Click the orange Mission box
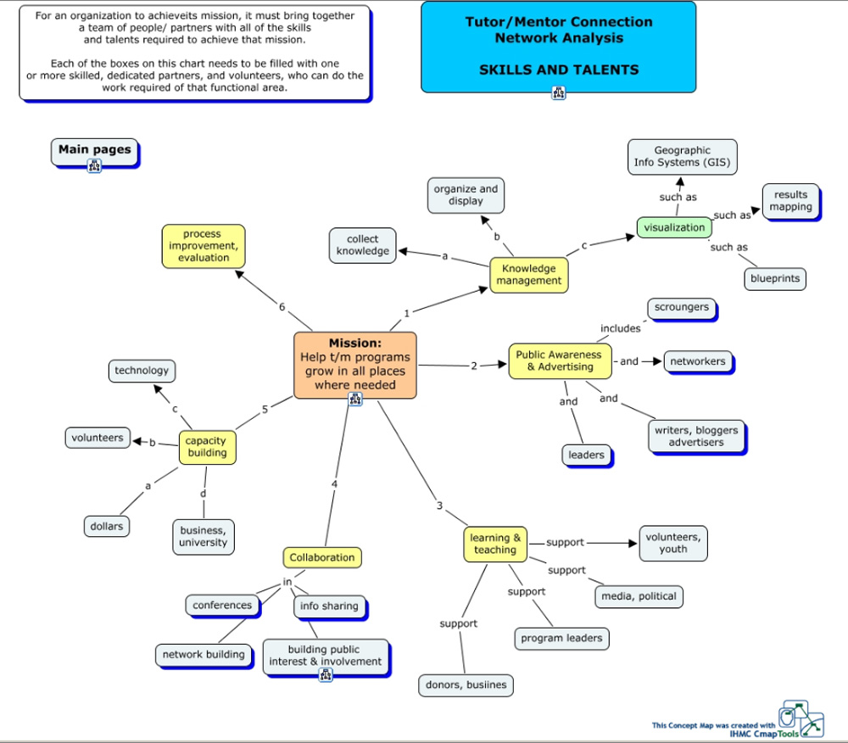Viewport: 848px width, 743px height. point(354,365)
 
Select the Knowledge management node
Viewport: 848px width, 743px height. point(528,275)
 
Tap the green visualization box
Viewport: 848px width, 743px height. point(674,227)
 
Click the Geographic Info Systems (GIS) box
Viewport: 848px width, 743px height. point(682,157)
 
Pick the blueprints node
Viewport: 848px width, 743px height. point(774,278)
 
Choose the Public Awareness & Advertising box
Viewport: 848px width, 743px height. point(559,360)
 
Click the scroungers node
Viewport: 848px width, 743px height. point(681,308)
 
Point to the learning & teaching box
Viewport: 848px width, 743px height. point(495,544)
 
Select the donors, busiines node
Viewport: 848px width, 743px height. point(465,685)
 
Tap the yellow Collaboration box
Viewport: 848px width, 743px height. point(321,557)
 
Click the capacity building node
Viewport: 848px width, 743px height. point(206,447)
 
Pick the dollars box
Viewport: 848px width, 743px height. point(107,526)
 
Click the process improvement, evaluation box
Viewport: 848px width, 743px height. point(204,246)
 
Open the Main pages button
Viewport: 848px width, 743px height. point(94,150)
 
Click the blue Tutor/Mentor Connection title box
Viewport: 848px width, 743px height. point(558,47)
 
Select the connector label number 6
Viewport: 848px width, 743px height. point(282,307)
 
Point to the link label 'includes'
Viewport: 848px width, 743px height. point(621,328)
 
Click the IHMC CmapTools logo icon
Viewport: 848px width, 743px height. point(801,719)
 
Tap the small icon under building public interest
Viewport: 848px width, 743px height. point(326,675)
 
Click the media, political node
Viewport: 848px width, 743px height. point(639,596)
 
